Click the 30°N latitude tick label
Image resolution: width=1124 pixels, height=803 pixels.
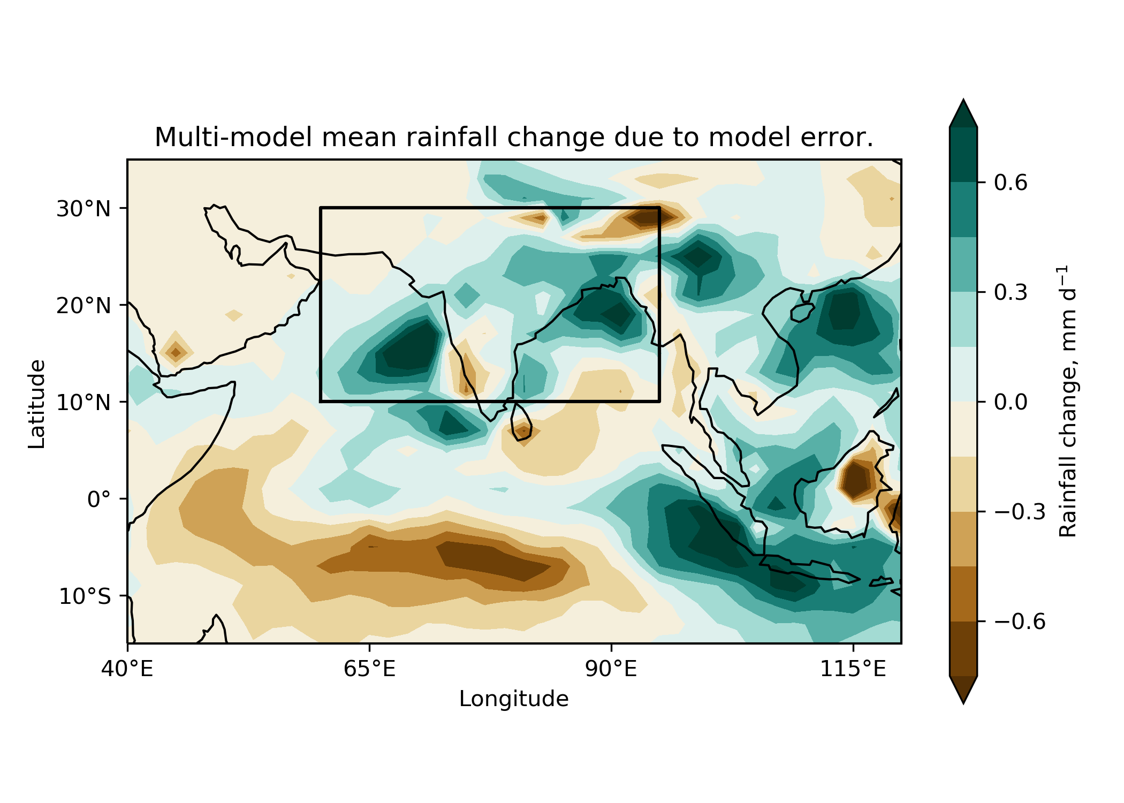click(83, 209)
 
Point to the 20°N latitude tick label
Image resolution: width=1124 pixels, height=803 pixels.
click(83, 306)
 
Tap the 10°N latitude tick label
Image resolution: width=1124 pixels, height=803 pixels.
click(83, 403)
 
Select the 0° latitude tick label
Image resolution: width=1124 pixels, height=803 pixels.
click(99, 499)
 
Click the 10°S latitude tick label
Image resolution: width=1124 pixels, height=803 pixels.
click(85, 596)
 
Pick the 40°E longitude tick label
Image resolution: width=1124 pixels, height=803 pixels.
click(127, 669)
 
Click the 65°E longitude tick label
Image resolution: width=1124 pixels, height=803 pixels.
click(369, 669)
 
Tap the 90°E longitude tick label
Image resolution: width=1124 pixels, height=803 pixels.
click(611, 669)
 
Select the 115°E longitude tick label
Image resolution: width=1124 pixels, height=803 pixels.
click(853, 669)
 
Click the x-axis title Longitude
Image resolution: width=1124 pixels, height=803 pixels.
click(514, 699)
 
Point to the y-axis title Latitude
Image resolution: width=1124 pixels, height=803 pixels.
click(37, 404)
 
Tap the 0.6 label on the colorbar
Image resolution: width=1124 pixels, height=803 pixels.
click(1011, 183)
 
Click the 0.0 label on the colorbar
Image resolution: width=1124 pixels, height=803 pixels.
click(1011, 402)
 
